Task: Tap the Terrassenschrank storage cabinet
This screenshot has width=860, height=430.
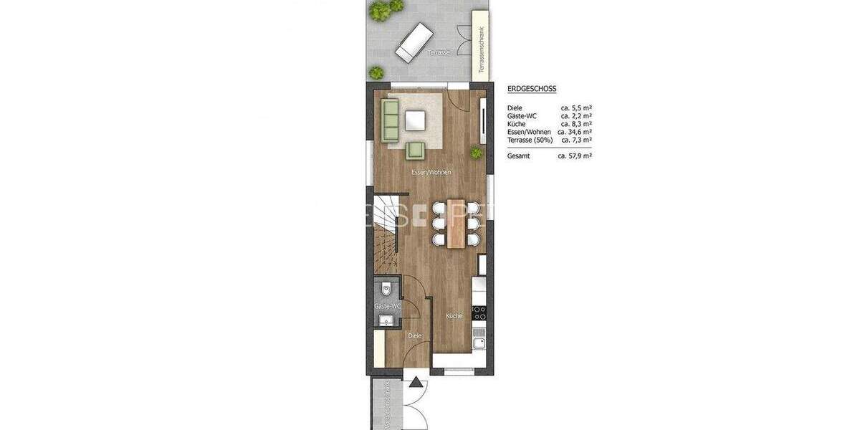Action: click(481, 43)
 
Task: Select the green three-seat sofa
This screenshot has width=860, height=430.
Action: click(390, 120)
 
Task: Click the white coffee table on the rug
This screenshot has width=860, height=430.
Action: click(415, 121)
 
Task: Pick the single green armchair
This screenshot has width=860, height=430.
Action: click(416, 150)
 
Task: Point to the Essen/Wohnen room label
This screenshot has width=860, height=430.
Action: click(431, 173)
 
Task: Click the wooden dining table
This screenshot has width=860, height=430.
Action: click(454, 222)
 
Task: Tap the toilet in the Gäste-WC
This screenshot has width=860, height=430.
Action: click(386, 290)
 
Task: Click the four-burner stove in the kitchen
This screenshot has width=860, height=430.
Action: click(479, 312)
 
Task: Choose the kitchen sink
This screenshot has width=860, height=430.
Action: click(479, 343)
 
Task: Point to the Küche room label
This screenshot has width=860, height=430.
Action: click(454, 316)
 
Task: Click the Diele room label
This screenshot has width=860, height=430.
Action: click(415, 335)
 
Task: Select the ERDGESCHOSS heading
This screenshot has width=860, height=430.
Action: click(532, 89)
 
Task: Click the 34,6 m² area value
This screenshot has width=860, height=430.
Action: click(575, 132)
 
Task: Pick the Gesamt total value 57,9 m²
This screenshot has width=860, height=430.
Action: click(575, 156)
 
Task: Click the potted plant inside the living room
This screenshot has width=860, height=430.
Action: click(476, 152)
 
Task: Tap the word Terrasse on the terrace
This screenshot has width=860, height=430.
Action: click(438, 53)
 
